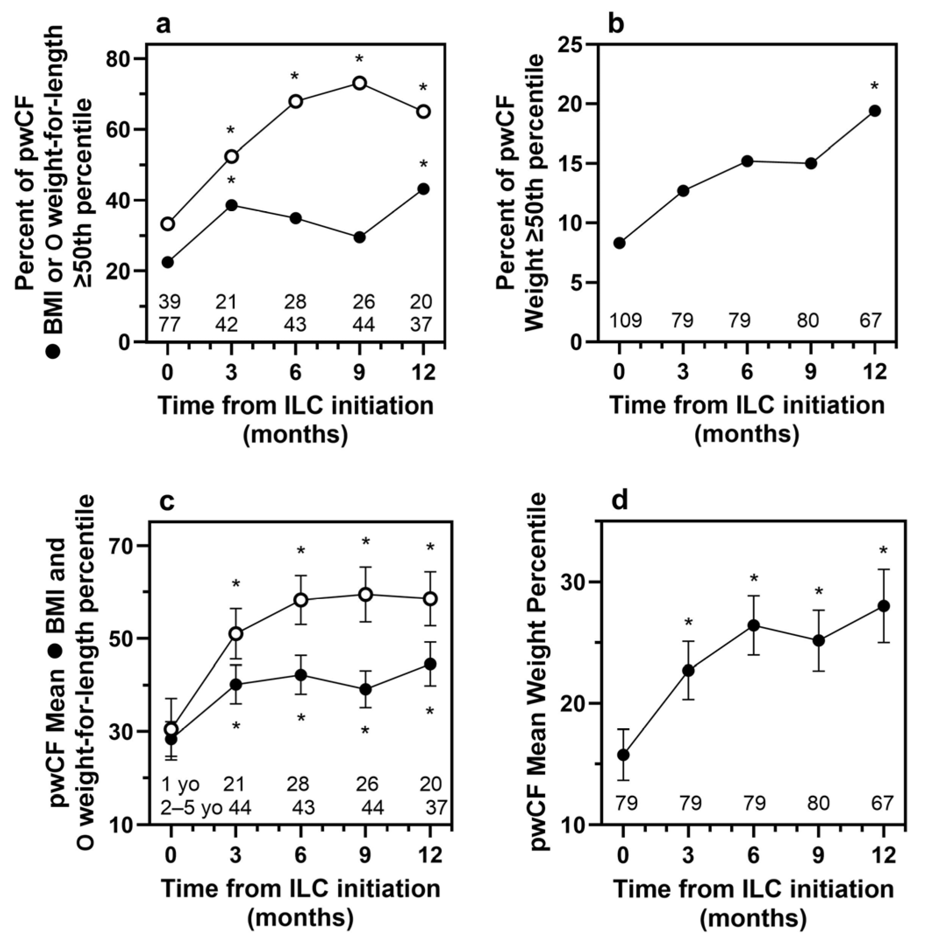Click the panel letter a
pos(164,24)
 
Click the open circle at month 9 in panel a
pos(359,83)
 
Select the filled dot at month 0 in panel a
pos(168,262)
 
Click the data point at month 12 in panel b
pos(874,111)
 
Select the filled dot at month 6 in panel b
pos(747,161)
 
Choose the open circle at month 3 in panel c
pos(236,634)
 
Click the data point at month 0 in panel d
pos(623,755)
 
